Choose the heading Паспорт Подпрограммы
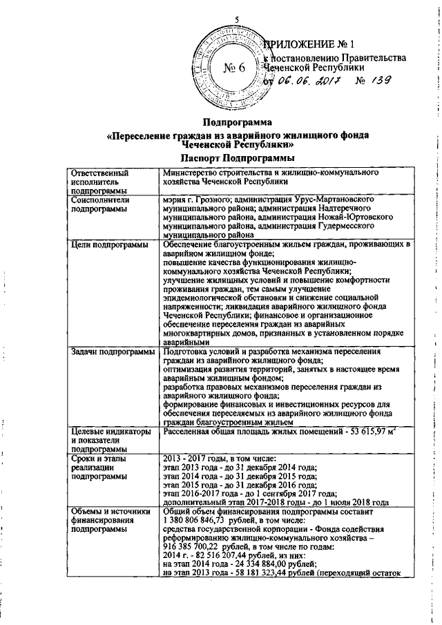pos(238,158)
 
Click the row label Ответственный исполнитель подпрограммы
pos(97,181)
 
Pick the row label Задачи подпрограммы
pos(113,352)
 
